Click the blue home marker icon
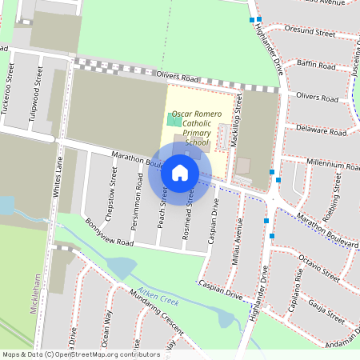[x=180, y=173]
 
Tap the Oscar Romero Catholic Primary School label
[x=197, y=127]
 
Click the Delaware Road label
[x=320, y=129]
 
